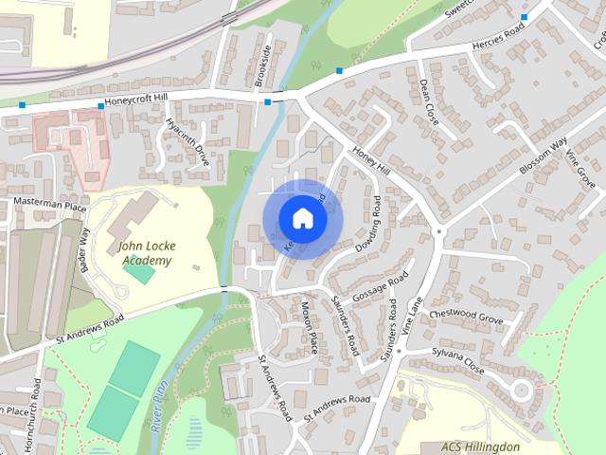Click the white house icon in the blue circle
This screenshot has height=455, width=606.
point(302,218)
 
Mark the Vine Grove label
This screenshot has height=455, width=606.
point(579,168)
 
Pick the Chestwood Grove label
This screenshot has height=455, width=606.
point(466,316)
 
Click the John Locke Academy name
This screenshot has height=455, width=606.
point(145,253)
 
